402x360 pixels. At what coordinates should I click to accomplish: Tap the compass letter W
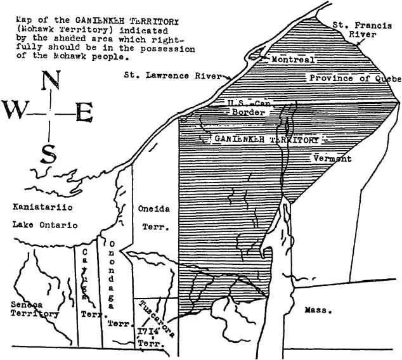16,111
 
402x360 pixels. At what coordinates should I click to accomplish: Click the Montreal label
293,59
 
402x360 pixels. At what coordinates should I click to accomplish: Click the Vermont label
332,158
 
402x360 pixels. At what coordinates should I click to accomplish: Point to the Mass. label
314,311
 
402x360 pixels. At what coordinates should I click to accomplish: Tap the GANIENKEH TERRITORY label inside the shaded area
266,138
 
